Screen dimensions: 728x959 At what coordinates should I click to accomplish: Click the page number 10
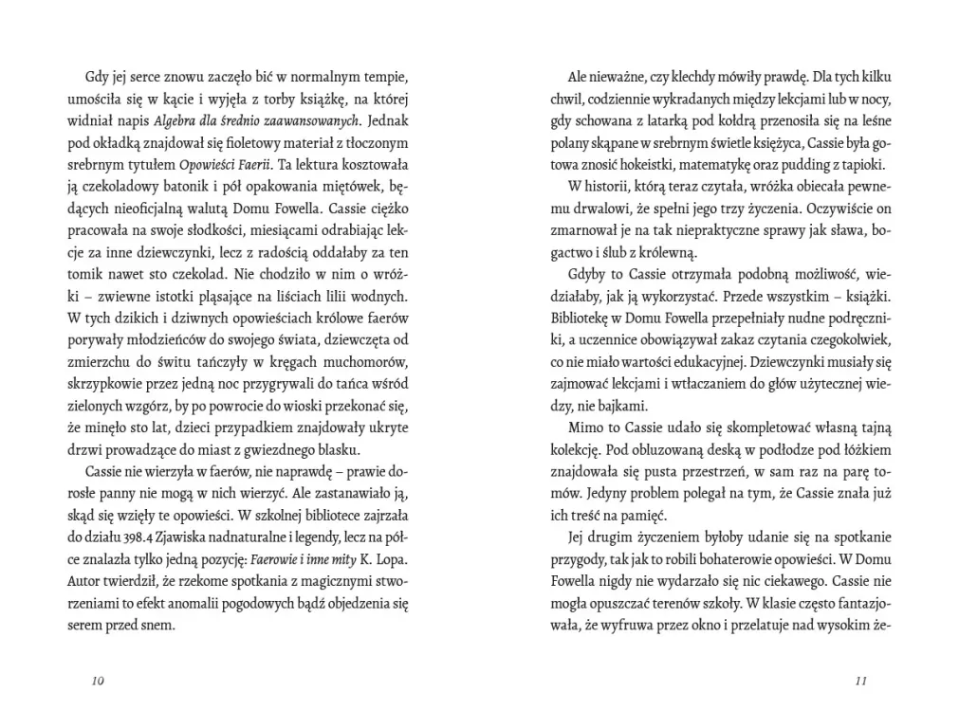[x=98, y=681]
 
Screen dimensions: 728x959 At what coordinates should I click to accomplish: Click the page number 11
[x=861, y=681]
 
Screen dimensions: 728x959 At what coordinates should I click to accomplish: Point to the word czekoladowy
[x=138, y=187]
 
